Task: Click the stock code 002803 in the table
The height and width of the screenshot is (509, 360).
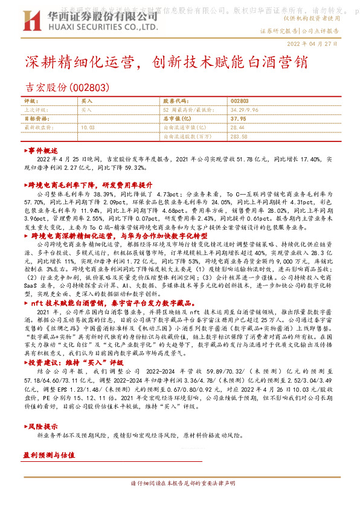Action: coord(239,102)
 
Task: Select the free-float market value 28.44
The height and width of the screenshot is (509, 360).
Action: coord(237,128)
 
